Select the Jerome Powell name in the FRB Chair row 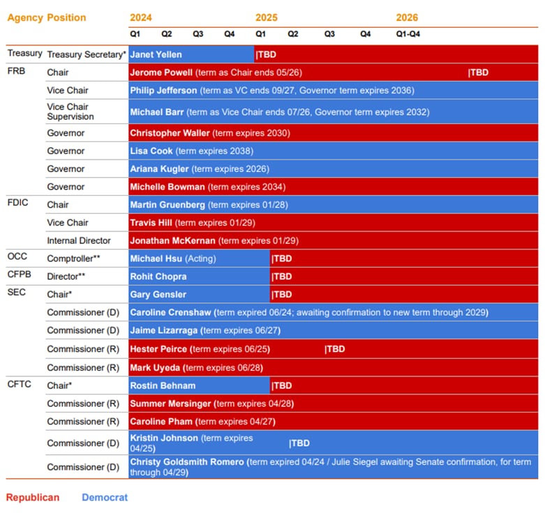pos(160,72)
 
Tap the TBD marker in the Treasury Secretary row pos(267,54)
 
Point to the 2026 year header pos(407,17)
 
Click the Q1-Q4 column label pos(408,33)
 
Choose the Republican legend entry pos(33,498)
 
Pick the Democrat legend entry pos(105,498)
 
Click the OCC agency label pos(17,256)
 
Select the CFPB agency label pos(20,275)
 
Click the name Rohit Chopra pos(158,277)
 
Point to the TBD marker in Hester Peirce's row pos(335,349)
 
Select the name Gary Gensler pos(158,295)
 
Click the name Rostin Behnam pos(163,385)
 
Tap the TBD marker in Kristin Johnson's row pos(299,443)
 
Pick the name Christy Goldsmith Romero pos(187,462)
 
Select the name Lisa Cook pos(151,151)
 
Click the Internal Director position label pos(79,240)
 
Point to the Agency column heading pos(24,17)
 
